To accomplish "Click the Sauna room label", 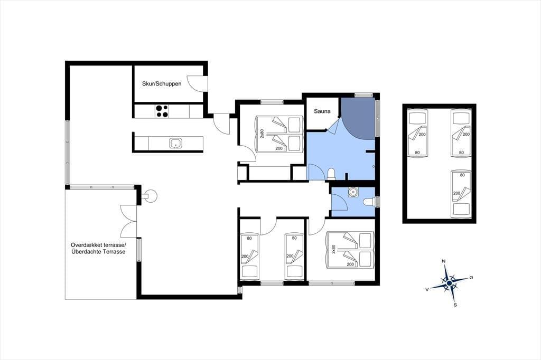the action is tap(322, 111).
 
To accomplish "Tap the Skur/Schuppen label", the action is tap(162, 83).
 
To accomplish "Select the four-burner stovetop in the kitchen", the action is tap(162, 111).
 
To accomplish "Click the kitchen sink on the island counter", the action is tap(175, 143).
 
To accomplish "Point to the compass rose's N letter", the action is tap(444, 261).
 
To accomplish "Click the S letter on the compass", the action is tap(455, 305).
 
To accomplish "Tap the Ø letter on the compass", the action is tap(471, 278).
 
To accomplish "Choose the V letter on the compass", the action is tap(427, 290).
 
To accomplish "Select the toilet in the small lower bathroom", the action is tap(369, 202).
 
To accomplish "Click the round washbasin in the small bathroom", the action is tap(352, 192).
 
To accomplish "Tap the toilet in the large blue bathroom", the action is tap(331, 174).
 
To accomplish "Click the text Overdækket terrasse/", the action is tap(99, 245).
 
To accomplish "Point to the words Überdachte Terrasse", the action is tap(98, 252).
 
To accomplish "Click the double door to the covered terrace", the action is tap(129, 221).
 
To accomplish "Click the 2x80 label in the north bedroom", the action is tap(262, 134).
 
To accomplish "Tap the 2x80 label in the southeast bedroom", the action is tap(333, 249).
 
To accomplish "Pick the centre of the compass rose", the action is tap(449, 283).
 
